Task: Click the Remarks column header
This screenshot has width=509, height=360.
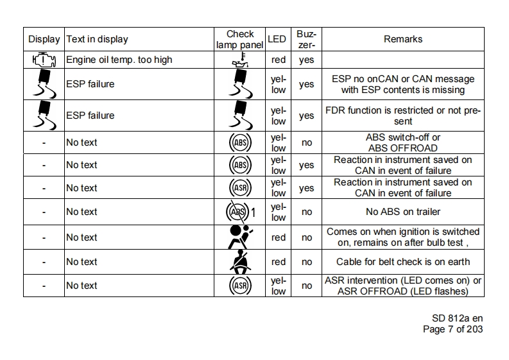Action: (x=403, y=39)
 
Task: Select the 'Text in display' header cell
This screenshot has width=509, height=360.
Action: (x=97, y=39)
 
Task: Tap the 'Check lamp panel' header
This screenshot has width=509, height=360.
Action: (x=240, y=39)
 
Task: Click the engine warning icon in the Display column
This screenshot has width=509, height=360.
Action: (x=44, y=60)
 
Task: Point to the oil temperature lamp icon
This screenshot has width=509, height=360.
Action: (x=240, y=60)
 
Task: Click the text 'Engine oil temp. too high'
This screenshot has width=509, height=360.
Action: (x=119, y=60)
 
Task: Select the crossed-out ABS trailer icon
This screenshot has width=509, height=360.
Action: (x=240, y=212)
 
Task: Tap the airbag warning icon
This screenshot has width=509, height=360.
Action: (x=240, y=237)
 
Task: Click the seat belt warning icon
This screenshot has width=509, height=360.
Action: (x=240, y=262)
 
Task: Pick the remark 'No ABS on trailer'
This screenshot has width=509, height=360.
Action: (x=403, y=212)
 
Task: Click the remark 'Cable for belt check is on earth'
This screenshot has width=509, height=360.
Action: (x=403, y=262)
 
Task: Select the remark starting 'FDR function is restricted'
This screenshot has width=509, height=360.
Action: (x=403, y=116)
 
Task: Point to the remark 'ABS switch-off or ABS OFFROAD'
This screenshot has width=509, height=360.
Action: (x=403, y=142)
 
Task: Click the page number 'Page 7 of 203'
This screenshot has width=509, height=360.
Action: (x=453, y=329)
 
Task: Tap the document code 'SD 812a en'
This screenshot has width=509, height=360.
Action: (x=458, y=318)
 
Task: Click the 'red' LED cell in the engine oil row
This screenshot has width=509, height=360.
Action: (x=279, y=60)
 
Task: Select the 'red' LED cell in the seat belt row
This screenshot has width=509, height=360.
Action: (x=279, y=262)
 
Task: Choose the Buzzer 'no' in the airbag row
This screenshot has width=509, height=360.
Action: (x=307, y=237)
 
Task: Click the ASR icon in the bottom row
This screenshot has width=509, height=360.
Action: (x=240, y=286)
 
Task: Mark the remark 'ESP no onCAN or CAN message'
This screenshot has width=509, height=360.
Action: (x=403, y=79)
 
